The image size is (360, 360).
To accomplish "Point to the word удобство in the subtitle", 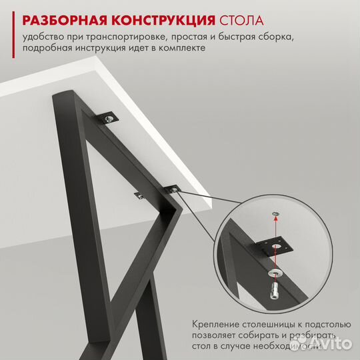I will pos(43,37).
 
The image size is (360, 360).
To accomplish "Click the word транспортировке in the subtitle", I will pos(137,37).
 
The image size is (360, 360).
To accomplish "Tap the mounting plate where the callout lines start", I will pos(174,189).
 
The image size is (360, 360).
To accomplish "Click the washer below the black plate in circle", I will pos(275,273).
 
